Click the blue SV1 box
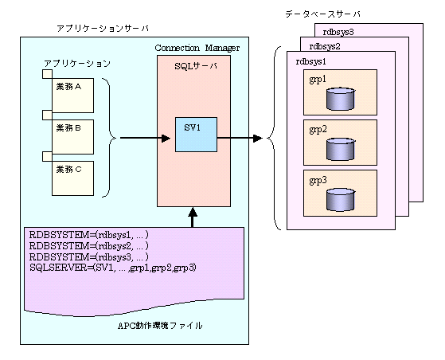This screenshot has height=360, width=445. (x=196, y=135)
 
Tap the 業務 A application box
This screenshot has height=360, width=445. (x=72, y=96)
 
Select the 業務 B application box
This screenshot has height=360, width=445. (x=72, y=137)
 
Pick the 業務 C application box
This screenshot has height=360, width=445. (x=72, y=178)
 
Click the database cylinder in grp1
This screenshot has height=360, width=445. (x=340, y=99)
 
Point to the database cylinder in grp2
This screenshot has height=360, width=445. (x=340, y=150)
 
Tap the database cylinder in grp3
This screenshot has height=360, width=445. (x=340, y=200)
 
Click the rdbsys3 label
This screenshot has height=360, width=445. (x=338, y=32)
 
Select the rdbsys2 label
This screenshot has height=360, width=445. (x=325, y=46)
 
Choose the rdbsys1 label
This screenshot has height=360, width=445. (x=311, y=61)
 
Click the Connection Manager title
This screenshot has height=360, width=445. (x=197, y=48)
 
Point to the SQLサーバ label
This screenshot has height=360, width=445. (x=196, y=66)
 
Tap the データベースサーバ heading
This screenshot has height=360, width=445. (x=322, y=14)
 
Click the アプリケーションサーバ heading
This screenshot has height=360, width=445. (x=103, y=29)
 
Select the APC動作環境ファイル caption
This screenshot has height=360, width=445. (x=160, y=326)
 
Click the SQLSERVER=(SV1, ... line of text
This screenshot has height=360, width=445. (x=113, y=268)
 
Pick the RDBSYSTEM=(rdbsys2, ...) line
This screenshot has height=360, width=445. (x=89, y=246)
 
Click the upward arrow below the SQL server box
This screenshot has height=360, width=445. (x=193, y=217)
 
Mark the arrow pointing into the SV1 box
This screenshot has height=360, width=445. (x=146, y=139)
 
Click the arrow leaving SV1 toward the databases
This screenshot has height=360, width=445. (x=240, y=139)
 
